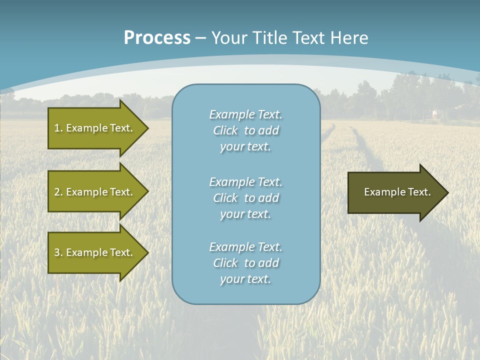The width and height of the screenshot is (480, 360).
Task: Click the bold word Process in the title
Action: click(157, 38)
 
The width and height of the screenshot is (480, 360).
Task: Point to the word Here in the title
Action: click(349, 38)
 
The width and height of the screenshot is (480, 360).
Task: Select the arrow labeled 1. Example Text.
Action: click(95, 128)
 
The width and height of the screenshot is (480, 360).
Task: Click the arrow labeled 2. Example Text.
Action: click(95, 192)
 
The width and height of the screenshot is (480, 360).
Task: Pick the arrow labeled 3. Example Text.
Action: click(95, 252)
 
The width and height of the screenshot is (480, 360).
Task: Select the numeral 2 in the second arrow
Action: click(56, 192)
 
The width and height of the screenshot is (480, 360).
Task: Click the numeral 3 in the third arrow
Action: click(56, 252)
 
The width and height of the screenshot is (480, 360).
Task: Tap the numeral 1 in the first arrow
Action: click(56, 128)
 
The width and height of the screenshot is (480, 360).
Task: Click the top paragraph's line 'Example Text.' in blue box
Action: click(245, 114)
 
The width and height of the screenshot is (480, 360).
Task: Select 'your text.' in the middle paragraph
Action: click(245, 214)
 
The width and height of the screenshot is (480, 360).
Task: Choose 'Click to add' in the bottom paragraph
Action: click(245, 263)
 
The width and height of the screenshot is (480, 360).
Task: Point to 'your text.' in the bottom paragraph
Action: click(245, 279)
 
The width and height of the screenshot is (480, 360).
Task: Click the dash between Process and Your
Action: click(200, 38)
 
